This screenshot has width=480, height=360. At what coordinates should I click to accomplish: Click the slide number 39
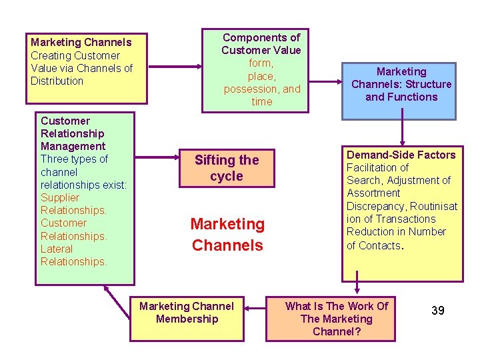point(437,311)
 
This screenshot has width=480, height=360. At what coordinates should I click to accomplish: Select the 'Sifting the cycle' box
point(226,168)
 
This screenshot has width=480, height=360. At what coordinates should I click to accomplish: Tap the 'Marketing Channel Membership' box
point(187,313)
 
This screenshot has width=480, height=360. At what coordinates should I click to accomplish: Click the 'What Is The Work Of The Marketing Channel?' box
point(336,318)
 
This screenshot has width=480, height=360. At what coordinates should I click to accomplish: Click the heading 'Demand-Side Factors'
point(401,155)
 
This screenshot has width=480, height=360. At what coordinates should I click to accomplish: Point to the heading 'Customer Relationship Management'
point(73,133)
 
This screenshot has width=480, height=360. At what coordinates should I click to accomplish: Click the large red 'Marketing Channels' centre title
point(227,235)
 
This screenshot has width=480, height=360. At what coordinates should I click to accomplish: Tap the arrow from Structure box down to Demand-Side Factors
point(402,132)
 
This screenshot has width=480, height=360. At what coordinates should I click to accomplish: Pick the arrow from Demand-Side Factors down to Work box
point(358,288)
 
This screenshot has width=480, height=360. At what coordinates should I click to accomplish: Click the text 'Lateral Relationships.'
point(73,255)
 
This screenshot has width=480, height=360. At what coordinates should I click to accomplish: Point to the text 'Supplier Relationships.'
point(73,204)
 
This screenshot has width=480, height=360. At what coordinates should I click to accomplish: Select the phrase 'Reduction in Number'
point(396,231)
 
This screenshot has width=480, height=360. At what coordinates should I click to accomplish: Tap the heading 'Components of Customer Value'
point(261,44)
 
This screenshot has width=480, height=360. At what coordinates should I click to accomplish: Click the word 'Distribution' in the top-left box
point(57,81)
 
